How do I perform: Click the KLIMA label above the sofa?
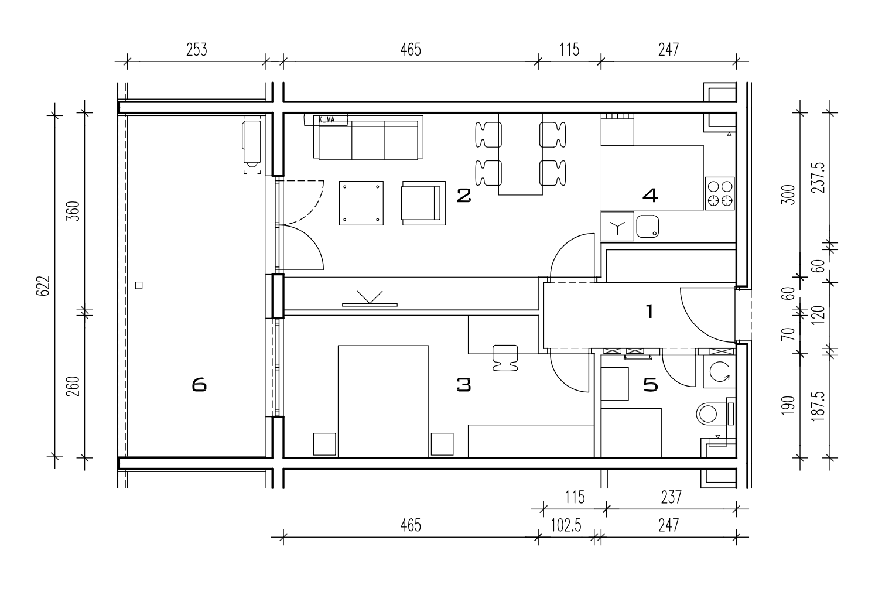[x=326, y=119]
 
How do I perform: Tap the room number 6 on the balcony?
[x=199, y=385]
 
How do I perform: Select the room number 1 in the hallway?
[x=650, y=311]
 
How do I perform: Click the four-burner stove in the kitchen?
[x=720, y=193]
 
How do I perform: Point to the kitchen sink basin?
[x=648, y=227]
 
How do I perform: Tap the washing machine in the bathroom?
[x=719, y=372]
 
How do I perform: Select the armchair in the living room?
[x=423, y=203]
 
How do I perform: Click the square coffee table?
[x=361, y=203]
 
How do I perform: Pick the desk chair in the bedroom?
[x=505, y=358]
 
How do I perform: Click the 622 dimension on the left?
[x=43, y=285]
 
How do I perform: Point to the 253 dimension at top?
[x=196, y=50]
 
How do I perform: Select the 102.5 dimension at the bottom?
[x=566, y=525]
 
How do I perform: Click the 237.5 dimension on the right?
[x=818, y=177]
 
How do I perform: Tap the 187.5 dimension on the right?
[x=818, y=406]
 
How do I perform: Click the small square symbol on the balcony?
[x=139, y=285]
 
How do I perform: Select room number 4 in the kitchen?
[x=650, y=196]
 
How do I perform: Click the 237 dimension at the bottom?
[x=671, y=497]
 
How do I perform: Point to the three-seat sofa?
[x=368, y=137]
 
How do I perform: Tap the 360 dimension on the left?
[x=73, y=211]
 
